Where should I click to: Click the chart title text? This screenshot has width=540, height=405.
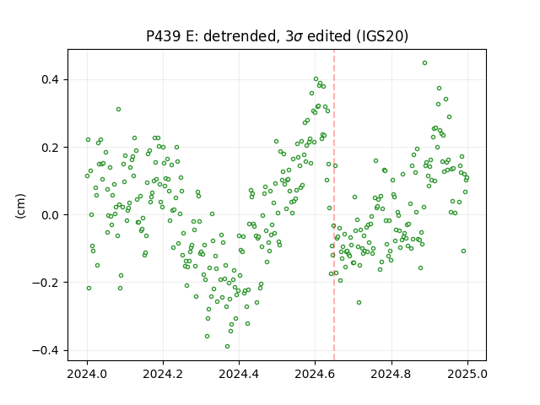(277, 36)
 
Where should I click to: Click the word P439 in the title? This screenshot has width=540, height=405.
(163, 36)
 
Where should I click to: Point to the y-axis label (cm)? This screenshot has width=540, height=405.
(20, 206)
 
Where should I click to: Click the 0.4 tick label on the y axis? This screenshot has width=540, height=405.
(50, 79)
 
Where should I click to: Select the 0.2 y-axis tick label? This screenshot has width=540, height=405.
(50, 148)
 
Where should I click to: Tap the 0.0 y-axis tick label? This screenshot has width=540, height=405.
(50, 215)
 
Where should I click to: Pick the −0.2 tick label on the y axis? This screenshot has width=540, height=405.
(46, 283)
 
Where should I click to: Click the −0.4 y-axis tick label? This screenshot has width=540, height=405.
(46, 350)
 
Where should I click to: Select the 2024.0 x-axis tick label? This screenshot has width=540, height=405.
(87, 374)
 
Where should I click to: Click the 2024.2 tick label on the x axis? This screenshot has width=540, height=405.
(163, 374)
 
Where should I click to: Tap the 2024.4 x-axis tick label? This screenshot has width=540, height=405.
(239, 374)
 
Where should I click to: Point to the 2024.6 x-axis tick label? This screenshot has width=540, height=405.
(315, 374)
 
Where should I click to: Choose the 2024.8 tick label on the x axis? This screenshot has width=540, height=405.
(391, 374)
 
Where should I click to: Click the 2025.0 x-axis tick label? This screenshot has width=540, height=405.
(467, 374)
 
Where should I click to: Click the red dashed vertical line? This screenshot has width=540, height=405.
(334, 205)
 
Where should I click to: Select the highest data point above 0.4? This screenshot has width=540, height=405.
(424, 63)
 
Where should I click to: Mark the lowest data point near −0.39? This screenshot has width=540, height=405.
(227, 347)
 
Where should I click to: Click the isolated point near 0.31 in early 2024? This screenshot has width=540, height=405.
(118, 110)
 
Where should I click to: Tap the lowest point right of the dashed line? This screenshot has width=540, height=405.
(359, 302)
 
